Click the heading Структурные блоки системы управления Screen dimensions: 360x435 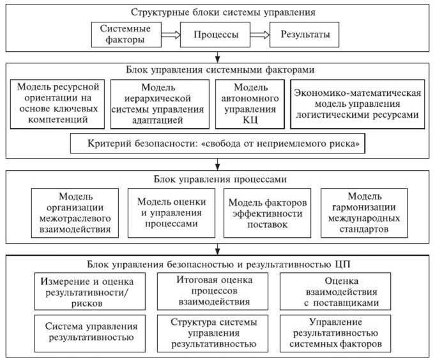click(x=218, y=12)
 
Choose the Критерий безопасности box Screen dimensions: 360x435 click(x=218, y=144)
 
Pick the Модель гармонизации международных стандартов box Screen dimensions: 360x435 click(x=363, y=212)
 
